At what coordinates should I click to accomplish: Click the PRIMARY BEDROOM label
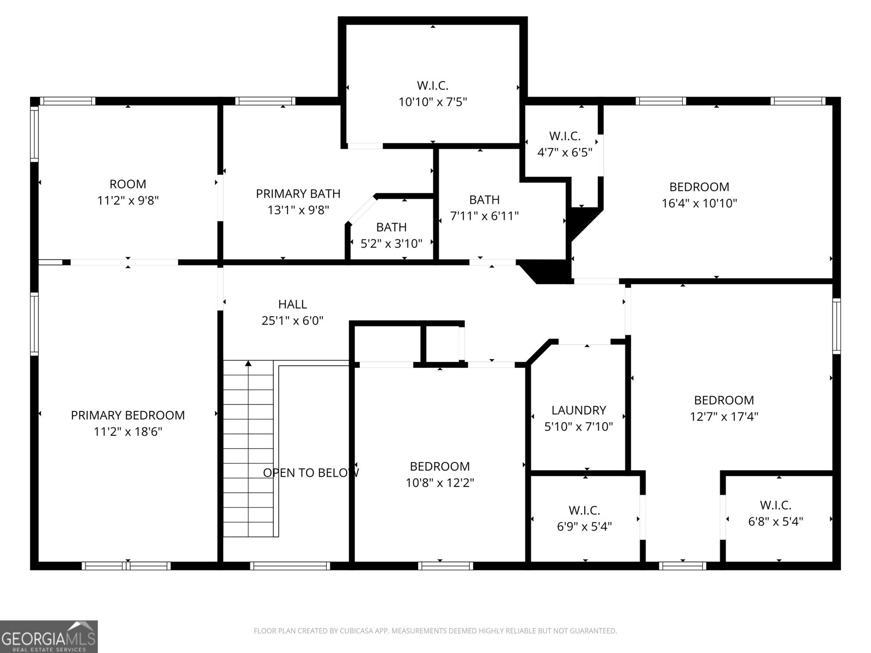[x=128, y=415]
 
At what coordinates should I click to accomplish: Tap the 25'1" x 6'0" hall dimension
[x=292, y=321]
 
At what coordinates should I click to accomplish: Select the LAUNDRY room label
[x=579, y=410]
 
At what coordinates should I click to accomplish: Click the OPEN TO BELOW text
[x=311, y=472]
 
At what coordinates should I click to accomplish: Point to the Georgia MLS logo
[x=49, y=636]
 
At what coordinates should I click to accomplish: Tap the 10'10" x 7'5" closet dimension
[x=433, y=102]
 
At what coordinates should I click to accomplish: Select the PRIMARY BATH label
[x=298, y=194]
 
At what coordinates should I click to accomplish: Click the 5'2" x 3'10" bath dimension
[x=391, y=243]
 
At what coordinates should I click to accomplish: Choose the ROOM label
[x=128, y=184]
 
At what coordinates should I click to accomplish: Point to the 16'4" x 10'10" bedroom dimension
[x=699, y=203]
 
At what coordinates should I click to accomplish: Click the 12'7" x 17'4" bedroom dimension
[x=724, y=416]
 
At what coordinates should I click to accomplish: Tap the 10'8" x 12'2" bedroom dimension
[x=440, y=483]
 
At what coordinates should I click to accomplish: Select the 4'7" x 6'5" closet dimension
[x=565, y=152]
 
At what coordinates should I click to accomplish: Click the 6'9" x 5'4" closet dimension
[x=584, y=526]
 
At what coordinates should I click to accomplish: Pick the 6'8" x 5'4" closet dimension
[x=775, y=521]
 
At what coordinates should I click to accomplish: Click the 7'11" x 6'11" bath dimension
[x=484, y=215]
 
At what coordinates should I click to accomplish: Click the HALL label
[x=292, y=304]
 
